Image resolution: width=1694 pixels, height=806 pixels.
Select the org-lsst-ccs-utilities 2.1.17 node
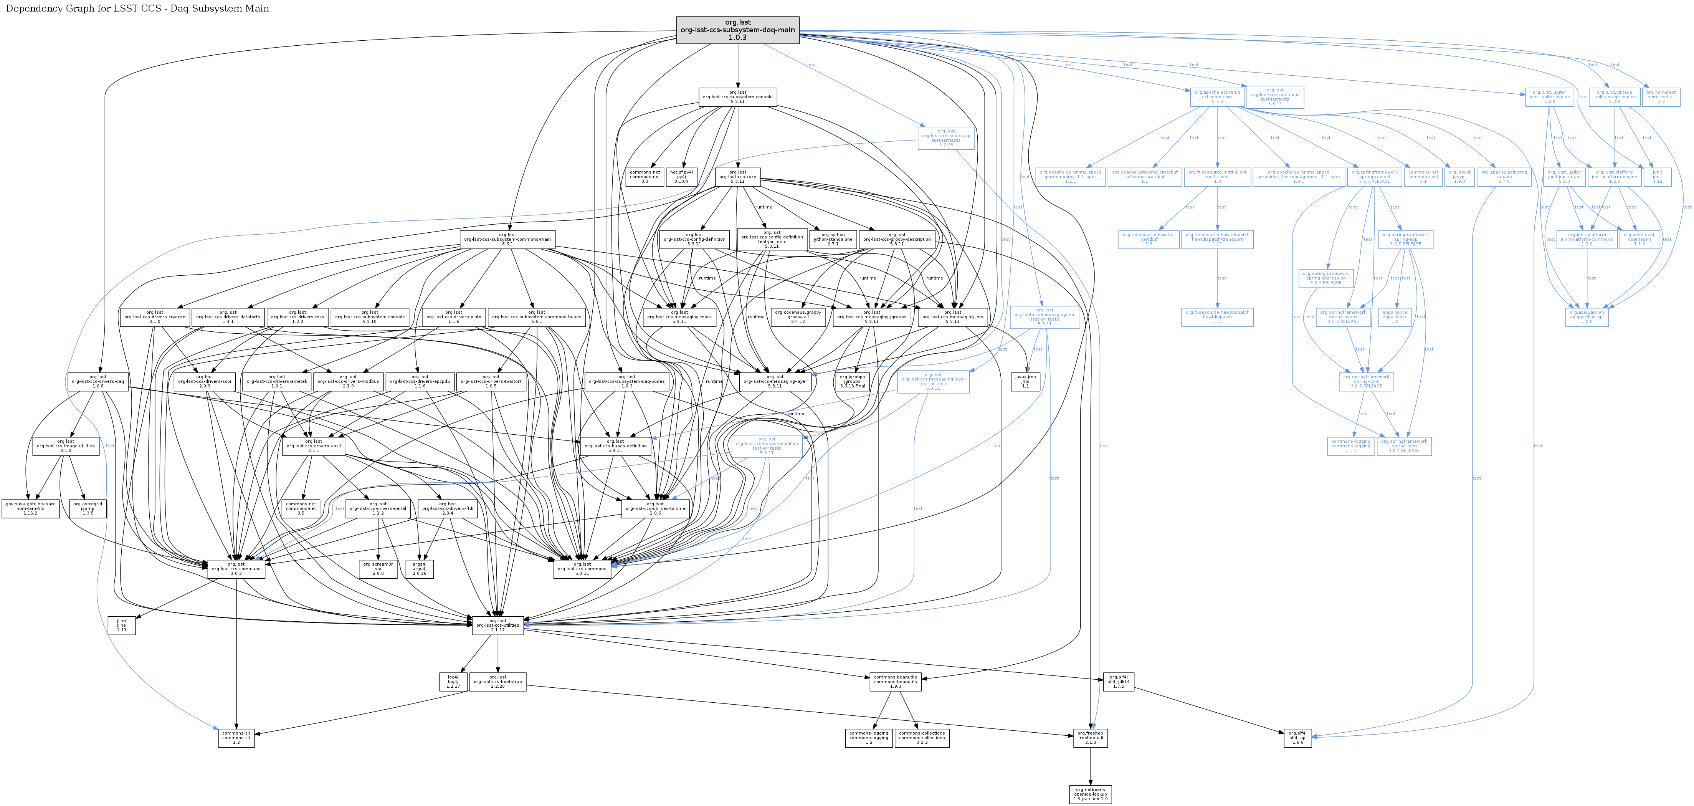click(x=498, y=625)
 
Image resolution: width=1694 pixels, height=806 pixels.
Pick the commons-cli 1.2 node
click(x=236, y=738)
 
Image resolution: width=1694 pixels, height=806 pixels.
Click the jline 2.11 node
click(x=122, y=625)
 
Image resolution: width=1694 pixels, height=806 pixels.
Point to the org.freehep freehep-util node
click(x=1090, y=738)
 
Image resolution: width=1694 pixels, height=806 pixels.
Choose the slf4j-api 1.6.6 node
click(x=1297, y=738)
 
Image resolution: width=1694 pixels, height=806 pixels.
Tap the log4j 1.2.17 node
click(x=453, y=682)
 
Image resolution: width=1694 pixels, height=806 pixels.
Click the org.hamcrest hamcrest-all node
click(x=1661, y=97)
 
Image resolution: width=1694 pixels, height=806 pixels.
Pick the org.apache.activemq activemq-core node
click(x=1217, y=97)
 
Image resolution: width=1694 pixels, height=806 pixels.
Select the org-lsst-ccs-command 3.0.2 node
click(x=236, y=568)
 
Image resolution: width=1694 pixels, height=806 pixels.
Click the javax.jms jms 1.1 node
click(x=1025, y=382)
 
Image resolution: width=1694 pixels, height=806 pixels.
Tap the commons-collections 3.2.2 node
click(x=922, y=738)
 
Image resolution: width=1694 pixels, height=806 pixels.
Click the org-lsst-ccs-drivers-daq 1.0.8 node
click(x=98, y=382)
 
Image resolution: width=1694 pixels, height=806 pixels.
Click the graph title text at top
click(x=137, y=8)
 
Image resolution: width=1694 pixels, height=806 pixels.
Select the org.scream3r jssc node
click(x=378, y=568)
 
